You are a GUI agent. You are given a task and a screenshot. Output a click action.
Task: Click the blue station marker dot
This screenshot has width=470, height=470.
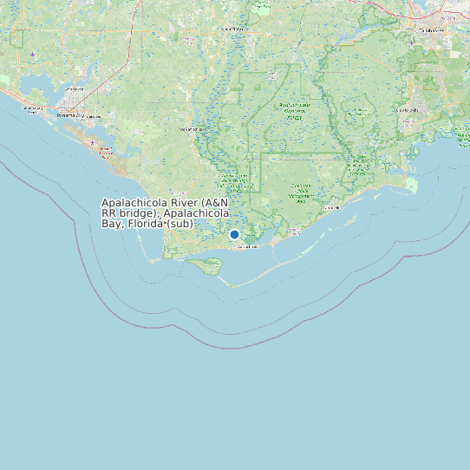point(234,234)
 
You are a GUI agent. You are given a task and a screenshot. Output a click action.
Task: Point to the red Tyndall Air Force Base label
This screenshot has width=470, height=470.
point(106,152)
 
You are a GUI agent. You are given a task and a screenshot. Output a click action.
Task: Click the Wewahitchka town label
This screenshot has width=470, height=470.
point(193,128)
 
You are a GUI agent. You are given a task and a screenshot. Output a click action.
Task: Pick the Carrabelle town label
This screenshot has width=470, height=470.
point(331,208)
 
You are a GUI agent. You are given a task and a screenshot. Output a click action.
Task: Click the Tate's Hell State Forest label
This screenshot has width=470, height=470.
point(301,190)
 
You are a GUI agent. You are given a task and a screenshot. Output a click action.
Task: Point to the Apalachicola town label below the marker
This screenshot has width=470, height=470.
point(247,247)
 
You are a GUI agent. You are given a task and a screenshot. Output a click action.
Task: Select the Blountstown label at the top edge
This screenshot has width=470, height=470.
point(232,29)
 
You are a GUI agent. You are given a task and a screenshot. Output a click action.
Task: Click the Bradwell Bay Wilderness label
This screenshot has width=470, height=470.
point(356,113)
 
